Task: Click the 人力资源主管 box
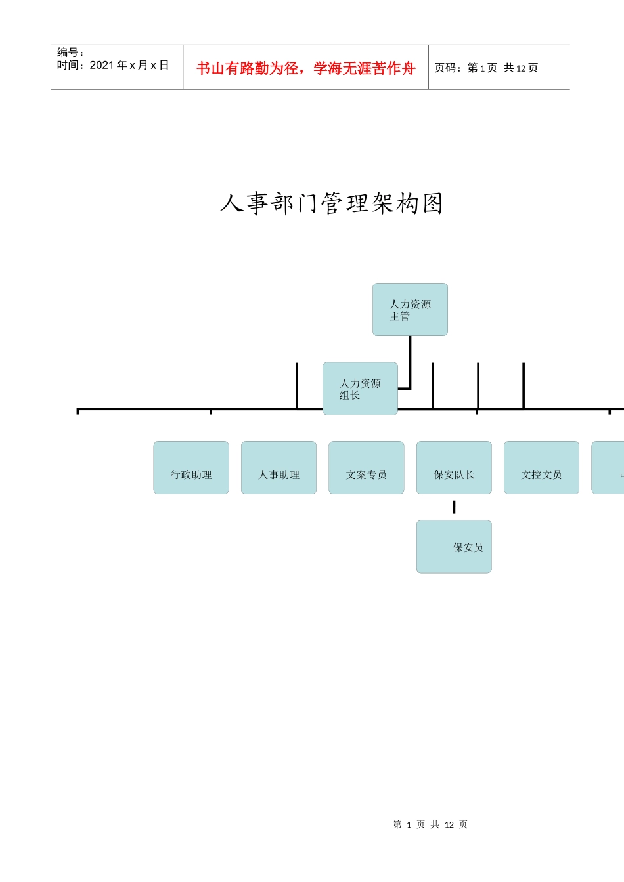[410, 310]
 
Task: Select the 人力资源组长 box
[360, 388]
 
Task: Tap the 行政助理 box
[191, 468]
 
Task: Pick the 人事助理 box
[279, 468]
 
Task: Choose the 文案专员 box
[366, 468]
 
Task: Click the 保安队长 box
[454, 468]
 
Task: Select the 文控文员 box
[541, 468]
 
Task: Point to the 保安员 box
[454, 547]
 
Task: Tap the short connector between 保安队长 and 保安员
[454, 507]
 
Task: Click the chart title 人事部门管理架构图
[331, 203]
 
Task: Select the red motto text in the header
[305, 68]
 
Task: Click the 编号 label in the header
[70, 52]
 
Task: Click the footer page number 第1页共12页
[430, 824]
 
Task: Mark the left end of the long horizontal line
[78, 409]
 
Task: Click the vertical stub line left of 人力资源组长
[297, 386]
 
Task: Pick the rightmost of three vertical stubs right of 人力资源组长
[524, 386]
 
